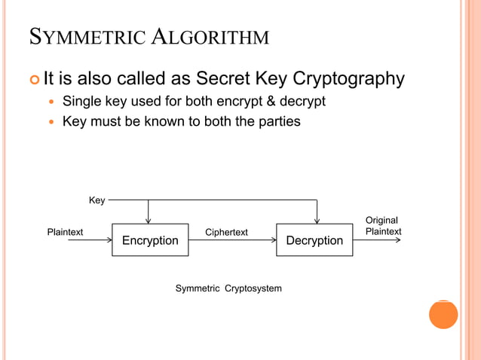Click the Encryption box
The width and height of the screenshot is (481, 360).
[150, 240]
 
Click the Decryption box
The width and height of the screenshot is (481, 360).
[314, 240]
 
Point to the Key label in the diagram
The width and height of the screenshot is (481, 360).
[97, 200]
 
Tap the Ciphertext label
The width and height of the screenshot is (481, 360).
[226, 232]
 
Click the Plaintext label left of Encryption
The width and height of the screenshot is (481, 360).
[65, 232]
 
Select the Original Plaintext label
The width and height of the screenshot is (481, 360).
[383, 226]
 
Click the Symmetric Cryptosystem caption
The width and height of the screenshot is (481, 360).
[228, 288]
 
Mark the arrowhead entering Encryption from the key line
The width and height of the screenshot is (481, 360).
[149, 220]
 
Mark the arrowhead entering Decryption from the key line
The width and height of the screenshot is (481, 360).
[317, 220]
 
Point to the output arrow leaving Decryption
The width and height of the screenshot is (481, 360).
[377, 240]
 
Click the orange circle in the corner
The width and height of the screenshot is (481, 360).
[443, 314]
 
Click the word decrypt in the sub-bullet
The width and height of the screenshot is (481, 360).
[303, 102]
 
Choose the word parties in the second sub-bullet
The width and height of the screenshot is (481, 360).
[280, 121]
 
